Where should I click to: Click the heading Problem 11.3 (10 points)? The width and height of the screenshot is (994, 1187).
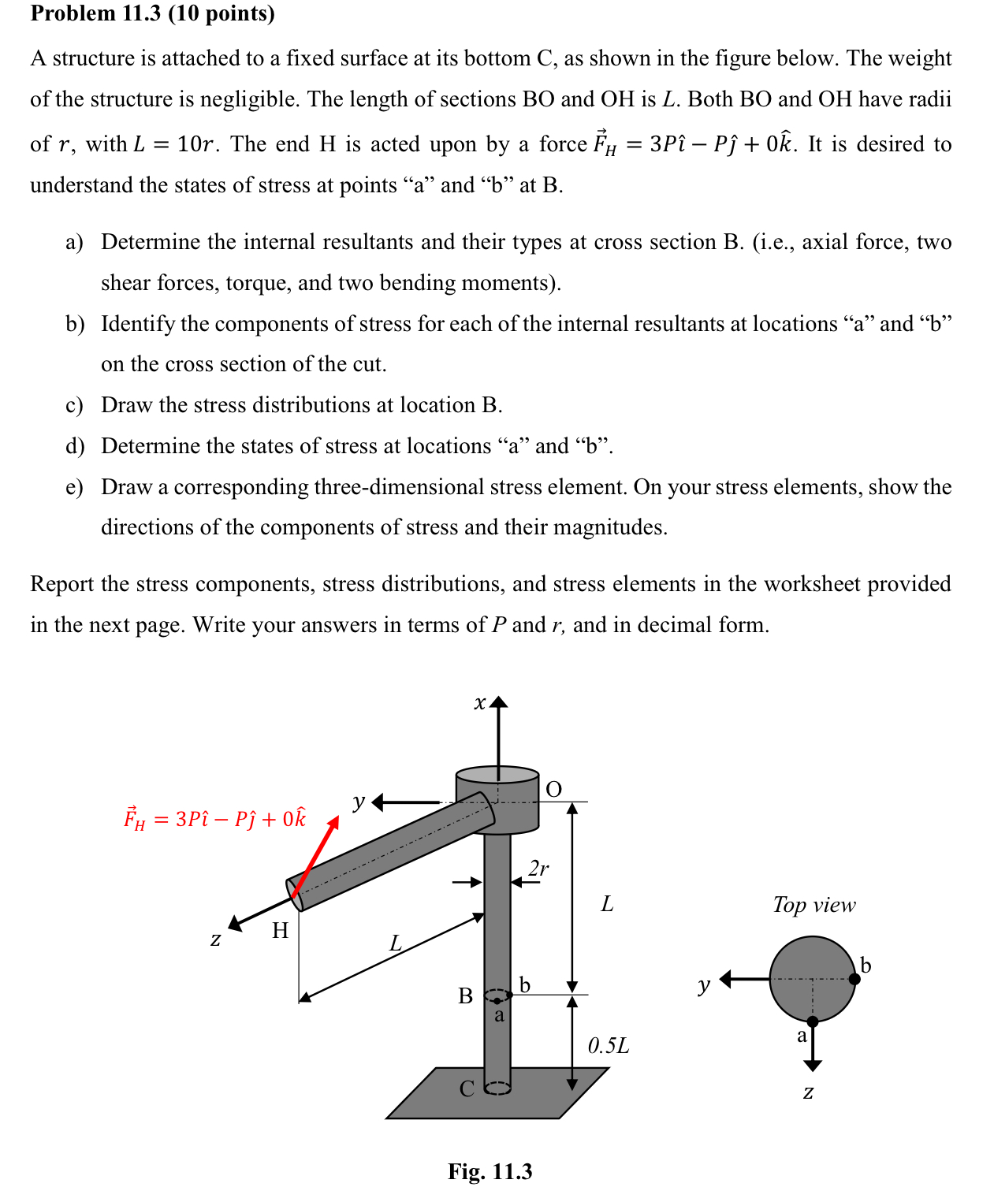pyautogui.click(x=152, y=13)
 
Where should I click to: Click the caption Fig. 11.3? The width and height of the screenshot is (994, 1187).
pyautogui.click(x=490, y=1171)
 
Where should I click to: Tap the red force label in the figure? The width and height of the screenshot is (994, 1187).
pyautogui.click(x=214, y=819)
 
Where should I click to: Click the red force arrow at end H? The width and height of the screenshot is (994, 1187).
pyautogui.click(x=315, y=857)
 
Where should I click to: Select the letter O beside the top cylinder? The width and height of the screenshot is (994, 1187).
pyautogui.click(x=554, y=789)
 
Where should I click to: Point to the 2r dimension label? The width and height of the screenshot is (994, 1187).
pyautogui.click(x=538, y=868)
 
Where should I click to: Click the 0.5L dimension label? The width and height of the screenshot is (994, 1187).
pyautogui.click(x=609, y=1046)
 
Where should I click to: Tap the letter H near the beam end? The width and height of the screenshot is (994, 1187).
pyautogui.click(x=281, y=931)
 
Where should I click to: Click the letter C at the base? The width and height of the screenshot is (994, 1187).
pyautogui.click(x=467, y=1088)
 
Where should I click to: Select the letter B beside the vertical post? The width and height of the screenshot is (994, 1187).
pyautogui.click(x=466, y=996)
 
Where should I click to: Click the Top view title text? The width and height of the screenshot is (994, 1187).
pyautogui.click(x=813, y=905)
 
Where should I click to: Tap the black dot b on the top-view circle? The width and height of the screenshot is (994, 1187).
pyautogui.click(x=854, y=979)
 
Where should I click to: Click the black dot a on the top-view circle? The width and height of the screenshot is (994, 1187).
pyautogui.click(x=813, y=1021)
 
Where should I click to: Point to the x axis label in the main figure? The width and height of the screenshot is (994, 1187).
pyautogui.click(x=479, y=702)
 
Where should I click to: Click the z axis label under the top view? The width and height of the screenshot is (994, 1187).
pyautogui.click(x=808, y=1092)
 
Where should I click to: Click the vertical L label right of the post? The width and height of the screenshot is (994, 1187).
pyautogui.click(x=607, y=903)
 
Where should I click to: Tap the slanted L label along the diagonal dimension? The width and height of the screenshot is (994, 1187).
pyautogui.click(x=396, y=943)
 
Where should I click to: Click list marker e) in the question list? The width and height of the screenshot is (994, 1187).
pyautogui.click(x=74, y=487)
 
